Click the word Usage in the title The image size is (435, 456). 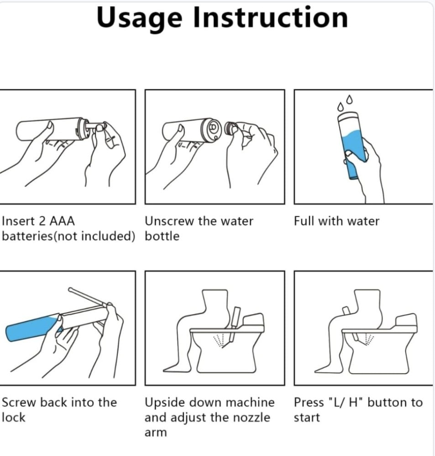click(140, 19)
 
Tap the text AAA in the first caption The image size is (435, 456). click(62, 221)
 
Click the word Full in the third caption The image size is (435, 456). click(304, 221)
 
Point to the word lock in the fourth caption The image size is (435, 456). click(13, 417)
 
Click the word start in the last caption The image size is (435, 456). click(307, 418)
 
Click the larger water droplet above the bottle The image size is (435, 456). click(349, 99)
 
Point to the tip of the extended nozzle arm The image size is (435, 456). click(70, 289)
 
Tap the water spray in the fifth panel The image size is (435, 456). click(219, 340)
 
